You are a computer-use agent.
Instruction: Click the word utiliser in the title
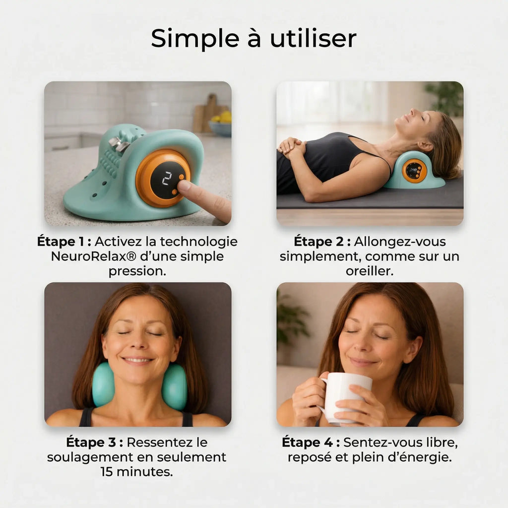313,38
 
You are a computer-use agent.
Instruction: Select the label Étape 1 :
64,242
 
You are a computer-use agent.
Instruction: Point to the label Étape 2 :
322,242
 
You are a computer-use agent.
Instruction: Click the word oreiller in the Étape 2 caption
369,271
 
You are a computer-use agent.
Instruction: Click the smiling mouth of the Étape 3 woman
137,360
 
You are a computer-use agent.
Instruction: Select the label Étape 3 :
95,442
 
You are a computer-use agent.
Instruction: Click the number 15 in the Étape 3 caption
107,472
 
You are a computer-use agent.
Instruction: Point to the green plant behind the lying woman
445,97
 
